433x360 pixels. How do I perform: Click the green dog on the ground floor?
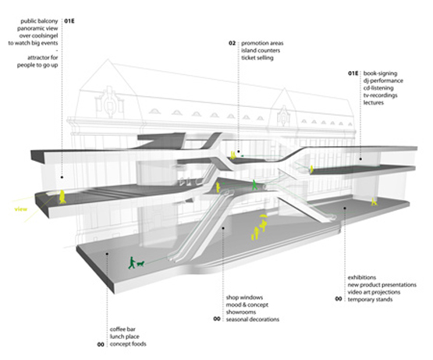pos(140,264)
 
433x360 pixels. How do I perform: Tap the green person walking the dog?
pos(132,262)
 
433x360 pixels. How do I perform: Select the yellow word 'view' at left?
pos(21,209)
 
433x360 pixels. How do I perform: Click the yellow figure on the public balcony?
pos(62,197)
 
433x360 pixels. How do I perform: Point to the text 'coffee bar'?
pos(122,330)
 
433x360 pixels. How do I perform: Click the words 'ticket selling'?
pos(257,58)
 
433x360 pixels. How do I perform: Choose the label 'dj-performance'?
pos(383,80)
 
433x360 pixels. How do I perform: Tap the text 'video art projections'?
pos(374,292)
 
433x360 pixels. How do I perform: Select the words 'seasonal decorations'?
pos(253,319)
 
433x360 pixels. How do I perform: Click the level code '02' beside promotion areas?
pos(232,43)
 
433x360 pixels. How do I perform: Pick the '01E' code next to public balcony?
pos(69,21)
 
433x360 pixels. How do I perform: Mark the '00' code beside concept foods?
pos(101,344)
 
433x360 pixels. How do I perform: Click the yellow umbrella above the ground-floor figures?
pos(263,216)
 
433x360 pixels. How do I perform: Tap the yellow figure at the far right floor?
pos(374,201)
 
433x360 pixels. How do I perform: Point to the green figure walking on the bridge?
pos(254,185)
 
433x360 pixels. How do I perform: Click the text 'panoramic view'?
pos(37,28)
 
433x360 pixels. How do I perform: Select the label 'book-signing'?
pos(380,73)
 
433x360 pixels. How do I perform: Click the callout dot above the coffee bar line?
pos(107,253)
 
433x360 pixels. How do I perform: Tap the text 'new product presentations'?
pos(382,285)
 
